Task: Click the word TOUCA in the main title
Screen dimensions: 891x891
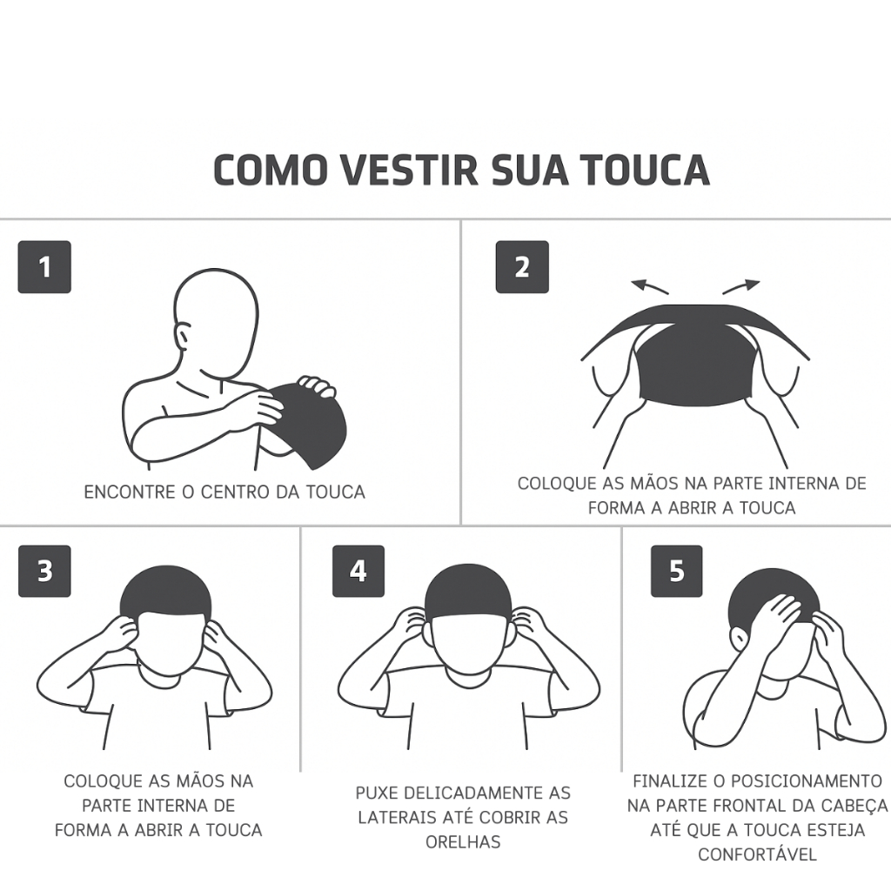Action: pos(645,170)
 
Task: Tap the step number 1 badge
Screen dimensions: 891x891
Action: pos(44,267)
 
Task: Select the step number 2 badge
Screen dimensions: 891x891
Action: pos(522,267)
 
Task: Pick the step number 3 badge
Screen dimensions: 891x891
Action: pos(44,571)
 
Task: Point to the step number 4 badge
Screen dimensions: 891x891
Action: pos(358,571)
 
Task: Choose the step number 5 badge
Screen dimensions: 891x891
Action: pos(677,571)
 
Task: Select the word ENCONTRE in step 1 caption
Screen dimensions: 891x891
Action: pos(129,492)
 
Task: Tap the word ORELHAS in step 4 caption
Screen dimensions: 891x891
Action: pos(463,841)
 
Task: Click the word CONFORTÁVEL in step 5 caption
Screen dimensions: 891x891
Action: pos(757,854)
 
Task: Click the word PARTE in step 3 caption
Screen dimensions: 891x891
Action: pos(108,806)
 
